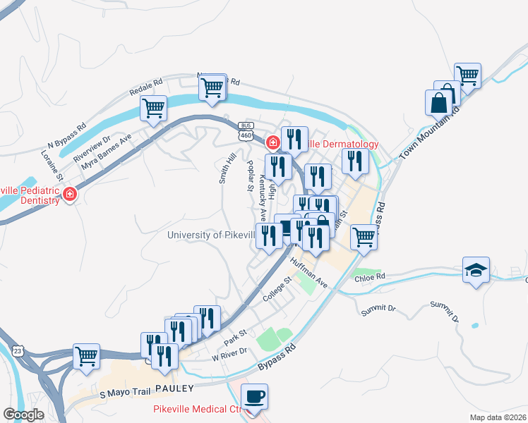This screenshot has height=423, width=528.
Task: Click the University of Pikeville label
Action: click(x=211, y=235)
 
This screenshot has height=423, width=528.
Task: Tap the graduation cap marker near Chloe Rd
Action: click(x=476, y=269)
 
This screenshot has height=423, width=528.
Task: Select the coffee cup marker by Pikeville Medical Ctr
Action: click(x=254, y=396)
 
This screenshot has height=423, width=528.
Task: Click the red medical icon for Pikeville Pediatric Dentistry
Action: click(x=70, y=194)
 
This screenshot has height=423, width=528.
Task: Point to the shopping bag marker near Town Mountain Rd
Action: click(x=438, y=102)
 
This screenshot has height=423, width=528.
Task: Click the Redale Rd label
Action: click(x=146, y=87)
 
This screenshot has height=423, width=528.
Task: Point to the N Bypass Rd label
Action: click(x=68, y=135)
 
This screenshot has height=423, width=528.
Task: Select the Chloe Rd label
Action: click(x=371, y=277)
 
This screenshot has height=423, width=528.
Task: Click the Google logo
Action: click(x=23, y=415)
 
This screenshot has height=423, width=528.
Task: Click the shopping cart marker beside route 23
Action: click(x=86, y=356)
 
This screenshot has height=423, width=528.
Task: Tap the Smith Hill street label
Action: click(x=227, y=169)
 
